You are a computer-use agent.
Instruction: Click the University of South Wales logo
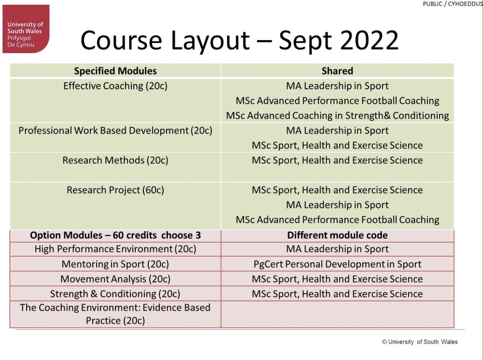click(26, 29)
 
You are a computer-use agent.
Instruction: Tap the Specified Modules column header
click(115, 71)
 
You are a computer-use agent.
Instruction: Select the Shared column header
click(337, 71)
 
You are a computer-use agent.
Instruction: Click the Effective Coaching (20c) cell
click(115, 86)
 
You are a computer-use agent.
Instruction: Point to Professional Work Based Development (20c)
click(115, 130)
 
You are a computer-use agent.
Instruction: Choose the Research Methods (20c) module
click(115, 160)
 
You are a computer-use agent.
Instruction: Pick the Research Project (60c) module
click(115, 190)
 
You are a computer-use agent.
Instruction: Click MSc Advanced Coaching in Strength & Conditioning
click(337, 116)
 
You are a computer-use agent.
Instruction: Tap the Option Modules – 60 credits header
click(115, 235)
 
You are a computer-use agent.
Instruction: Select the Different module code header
click(337, 235)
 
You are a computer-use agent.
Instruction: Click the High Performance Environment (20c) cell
click(115, 249)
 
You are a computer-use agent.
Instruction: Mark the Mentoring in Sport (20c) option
click(115, 264)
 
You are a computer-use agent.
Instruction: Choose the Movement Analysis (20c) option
click(115, 279)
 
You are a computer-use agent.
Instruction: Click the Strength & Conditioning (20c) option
click(115, 294)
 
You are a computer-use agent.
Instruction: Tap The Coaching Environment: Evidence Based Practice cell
click(115, 314)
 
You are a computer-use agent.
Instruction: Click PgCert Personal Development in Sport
click(337, 264)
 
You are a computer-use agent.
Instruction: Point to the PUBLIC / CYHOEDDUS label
click(453, 4)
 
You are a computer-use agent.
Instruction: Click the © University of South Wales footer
click(420, 342)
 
